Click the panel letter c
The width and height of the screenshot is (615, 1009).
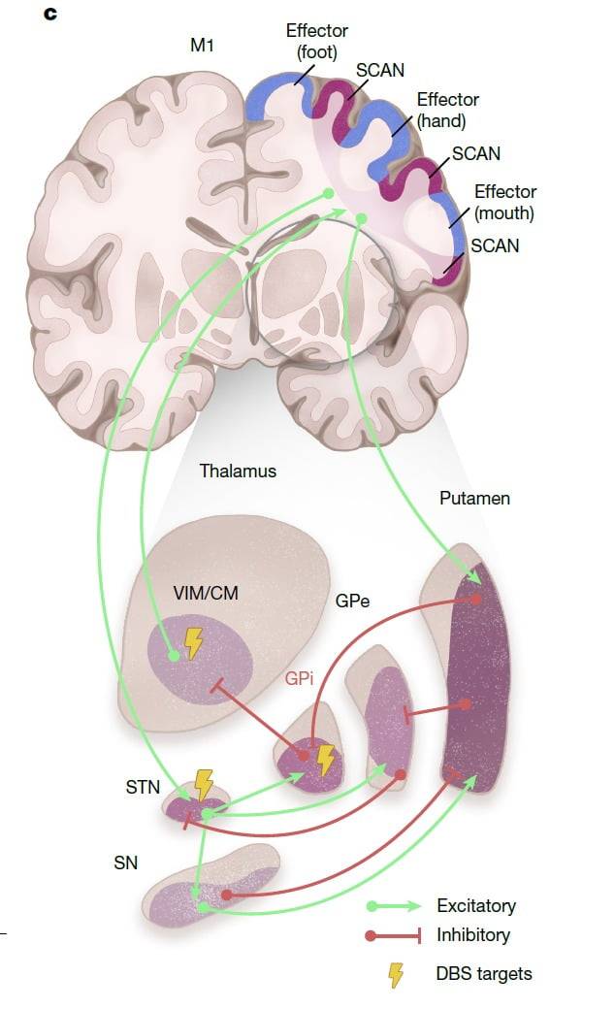[x=50, y=15]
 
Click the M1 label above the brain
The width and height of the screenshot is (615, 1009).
[x=202, y=46]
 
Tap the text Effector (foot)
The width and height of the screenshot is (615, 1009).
[x=316, y=40]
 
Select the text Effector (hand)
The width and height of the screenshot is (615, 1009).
[x=447, y=111]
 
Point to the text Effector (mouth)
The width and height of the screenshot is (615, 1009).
[x=504, y=202]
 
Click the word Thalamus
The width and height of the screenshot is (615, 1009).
[x=238, y=472]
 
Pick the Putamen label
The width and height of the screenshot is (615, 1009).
[x=474, y=499]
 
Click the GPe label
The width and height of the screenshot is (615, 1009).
[x=353, y=602]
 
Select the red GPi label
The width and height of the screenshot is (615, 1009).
[x=300, y=679]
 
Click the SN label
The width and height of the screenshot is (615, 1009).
[x=126, y=862]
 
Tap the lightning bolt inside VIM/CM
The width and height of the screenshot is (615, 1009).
[x=194, y=642]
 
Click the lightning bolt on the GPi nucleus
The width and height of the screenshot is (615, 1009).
[x=326, y=760]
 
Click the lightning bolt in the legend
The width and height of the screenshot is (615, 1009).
[x=395, y=974]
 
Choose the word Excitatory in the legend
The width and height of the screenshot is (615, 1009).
[x=476, y=906]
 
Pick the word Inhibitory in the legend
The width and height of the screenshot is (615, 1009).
[x=473, y=936]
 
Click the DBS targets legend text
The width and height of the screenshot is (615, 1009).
[x=484, y=973]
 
